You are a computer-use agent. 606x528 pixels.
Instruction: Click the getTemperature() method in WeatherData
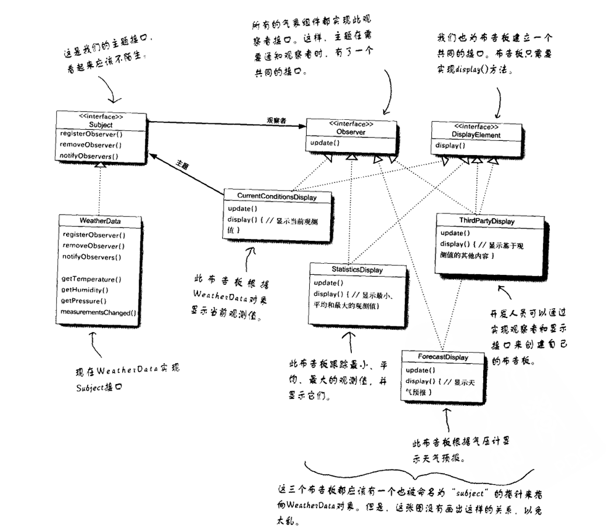91,279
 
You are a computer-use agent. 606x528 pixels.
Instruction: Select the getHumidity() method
85,290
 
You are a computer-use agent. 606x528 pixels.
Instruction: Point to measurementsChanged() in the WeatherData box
98,312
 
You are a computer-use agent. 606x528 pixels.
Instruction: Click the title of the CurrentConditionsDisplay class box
277,197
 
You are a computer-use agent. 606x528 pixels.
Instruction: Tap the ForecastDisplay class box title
435,357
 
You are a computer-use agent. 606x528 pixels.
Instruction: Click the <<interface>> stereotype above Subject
102,116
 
